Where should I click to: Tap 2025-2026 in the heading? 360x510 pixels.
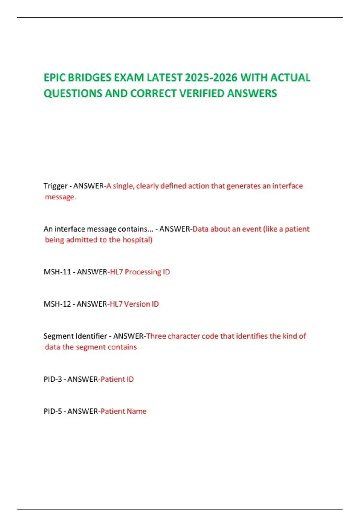click(211, 78)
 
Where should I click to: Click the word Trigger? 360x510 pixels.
click(55, 186)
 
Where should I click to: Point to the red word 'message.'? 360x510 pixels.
click(61, 197)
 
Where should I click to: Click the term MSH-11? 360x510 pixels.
click(57, 272)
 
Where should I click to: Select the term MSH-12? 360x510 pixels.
click(57, 304)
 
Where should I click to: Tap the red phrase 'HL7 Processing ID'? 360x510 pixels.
click(140, 272)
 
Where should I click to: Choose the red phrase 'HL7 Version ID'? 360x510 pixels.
click(134, 304)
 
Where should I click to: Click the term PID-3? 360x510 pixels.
click(53, 379)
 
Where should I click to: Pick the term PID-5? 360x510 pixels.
click(53, 411)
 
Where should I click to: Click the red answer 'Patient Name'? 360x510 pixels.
click(124, 411)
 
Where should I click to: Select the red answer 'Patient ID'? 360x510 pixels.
click(117, 379)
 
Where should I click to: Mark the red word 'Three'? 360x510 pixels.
click(156, 336)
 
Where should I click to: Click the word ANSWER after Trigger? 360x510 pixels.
click(88, 186)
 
